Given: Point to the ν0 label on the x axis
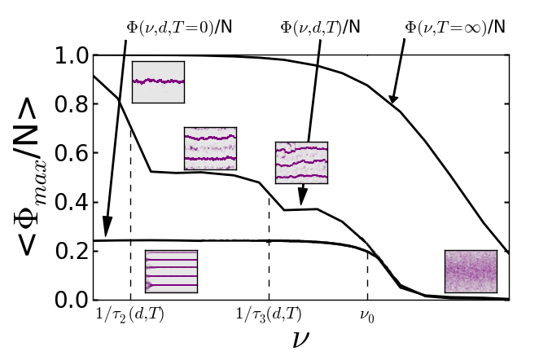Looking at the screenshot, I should [x=368, y=313].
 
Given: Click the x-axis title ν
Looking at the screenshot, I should [x=300, y=337].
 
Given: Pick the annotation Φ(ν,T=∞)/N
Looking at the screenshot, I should [x=455, y=27].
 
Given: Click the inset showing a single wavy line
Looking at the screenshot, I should [x=158, y=81].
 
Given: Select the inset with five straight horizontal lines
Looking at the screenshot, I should [x=171, y=270].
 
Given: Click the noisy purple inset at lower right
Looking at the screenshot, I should [x=470, y=271].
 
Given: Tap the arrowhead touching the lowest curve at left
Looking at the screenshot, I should [x=106, y=233].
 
